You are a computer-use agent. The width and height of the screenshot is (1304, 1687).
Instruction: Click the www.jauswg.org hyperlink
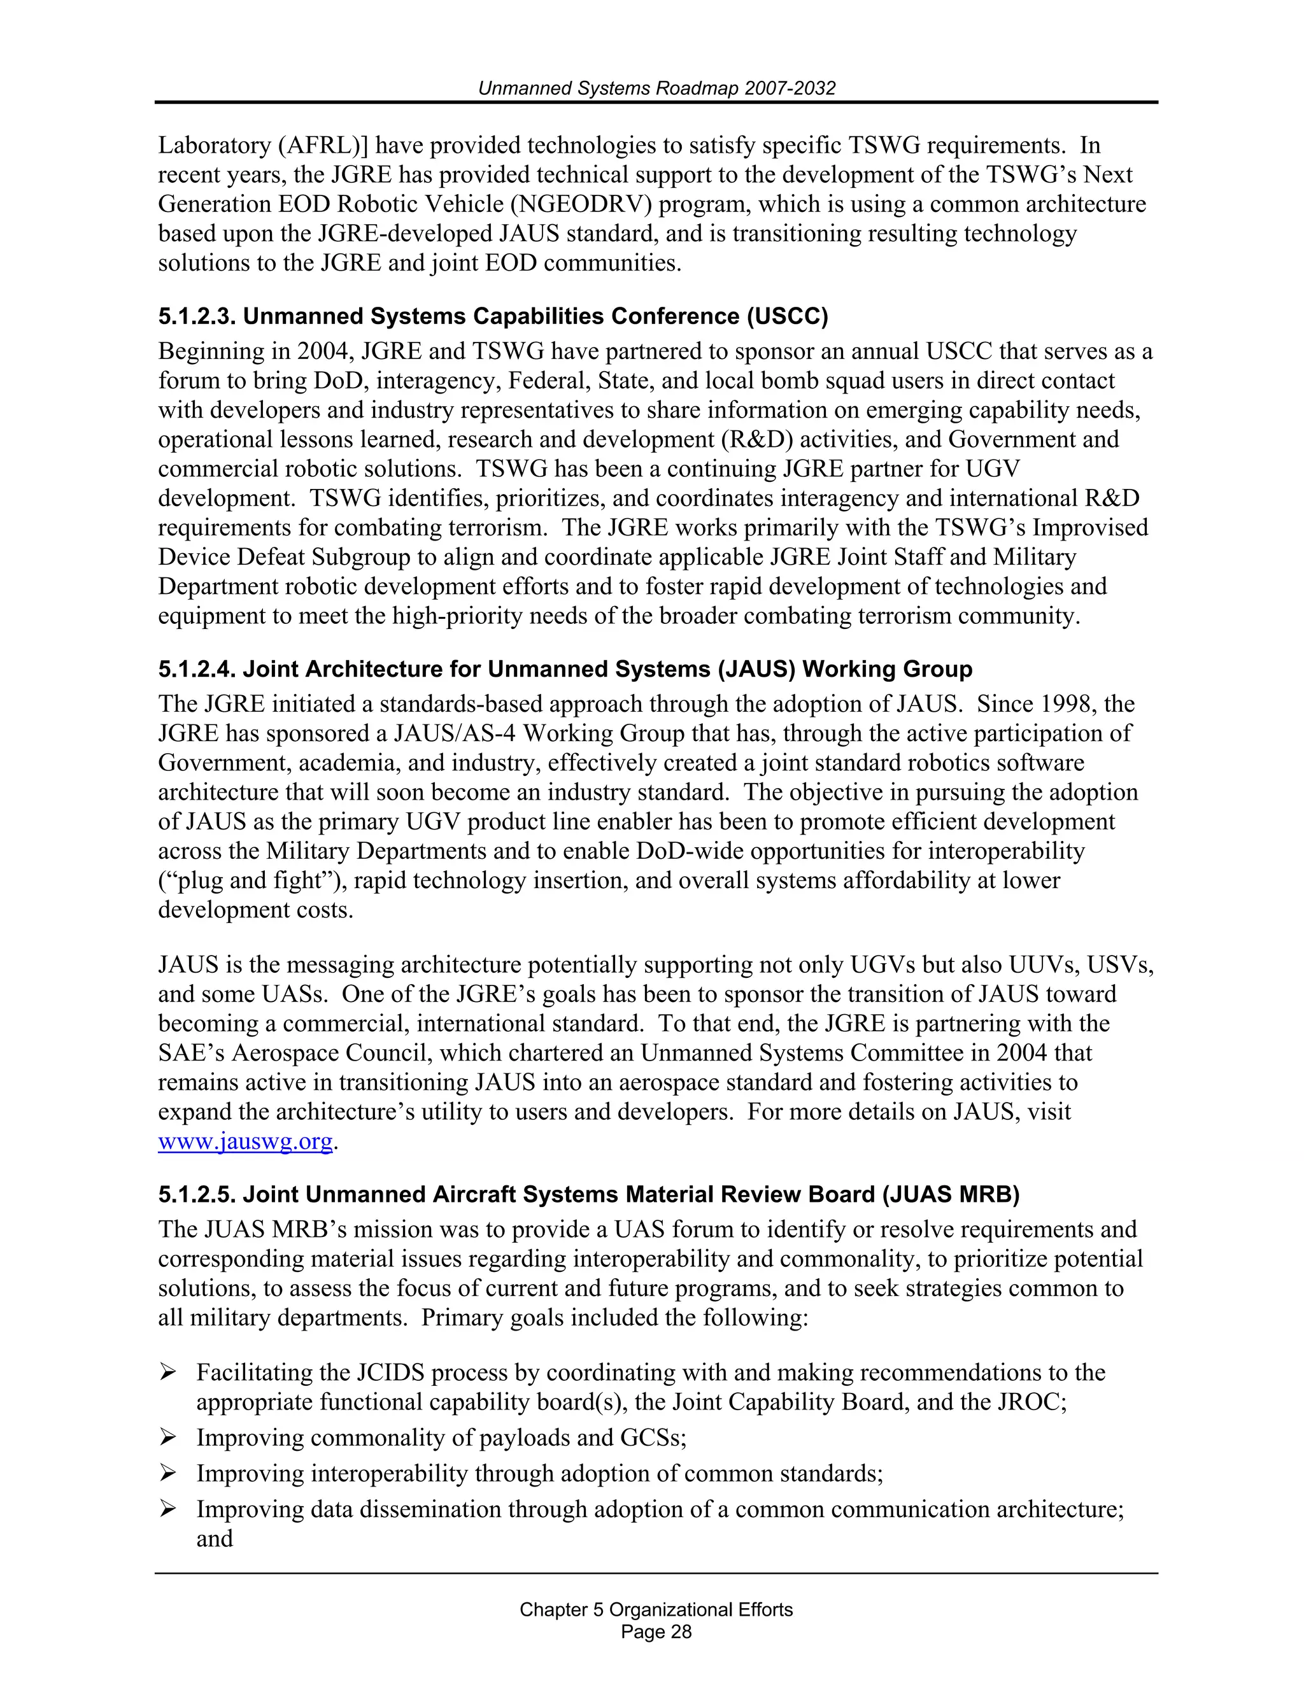click(245, 1141)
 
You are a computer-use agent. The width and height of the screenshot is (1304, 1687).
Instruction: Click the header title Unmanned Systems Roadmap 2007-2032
click(656, 88)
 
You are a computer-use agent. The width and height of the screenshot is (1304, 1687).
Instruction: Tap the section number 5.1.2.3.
click(197, 316)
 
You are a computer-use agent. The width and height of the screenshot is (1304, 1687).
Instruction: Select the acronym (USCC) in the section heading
click(787, 316)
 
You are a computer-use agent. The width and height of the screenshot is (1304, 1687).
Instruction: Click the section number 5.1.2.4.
click(197, 669)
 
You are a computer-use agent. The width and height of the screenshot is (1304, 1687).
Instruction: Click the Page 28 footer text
click(656, 1632)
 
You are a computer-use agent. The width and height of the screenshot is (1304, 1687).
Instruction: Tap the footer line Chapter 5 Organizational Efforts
click(656, 1610)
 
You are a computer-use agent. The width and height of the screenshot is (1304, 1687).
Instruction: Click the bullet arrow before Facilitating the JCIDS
click(167, 1373)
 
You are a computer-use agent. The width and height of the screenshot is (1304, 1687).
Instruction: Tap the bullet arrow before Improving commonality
click(167, 1437)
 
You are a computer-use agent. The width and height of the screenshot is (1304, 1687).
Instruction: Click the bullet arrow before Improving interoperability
click(167, 1474)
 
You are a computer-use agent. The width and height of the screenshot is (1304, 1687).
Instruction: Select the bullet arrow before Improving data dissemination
click(167, 1509)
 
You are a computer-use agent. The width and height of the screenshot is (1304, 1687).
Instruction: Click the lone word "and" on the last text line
click(214, 1539)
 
